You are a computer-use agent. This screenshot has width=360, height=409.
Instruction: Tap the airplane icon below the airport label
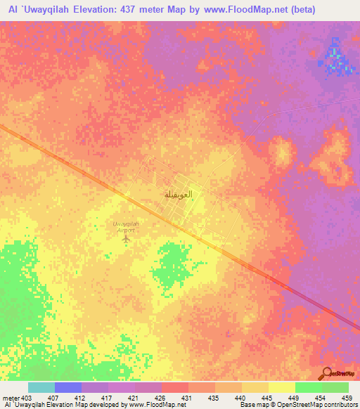(126, 240)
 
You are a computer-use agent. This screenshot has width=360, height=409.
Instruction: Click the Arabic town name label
(178, 193)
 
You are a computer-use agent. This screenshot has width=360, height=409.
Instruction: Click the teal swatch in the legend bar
(41, 387)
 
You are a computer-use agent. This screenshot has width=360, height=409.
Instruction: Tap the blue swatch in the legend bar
(68, 387)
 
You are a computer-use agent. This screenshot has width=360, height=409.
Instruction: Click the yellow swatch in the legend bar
(282, 387)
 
